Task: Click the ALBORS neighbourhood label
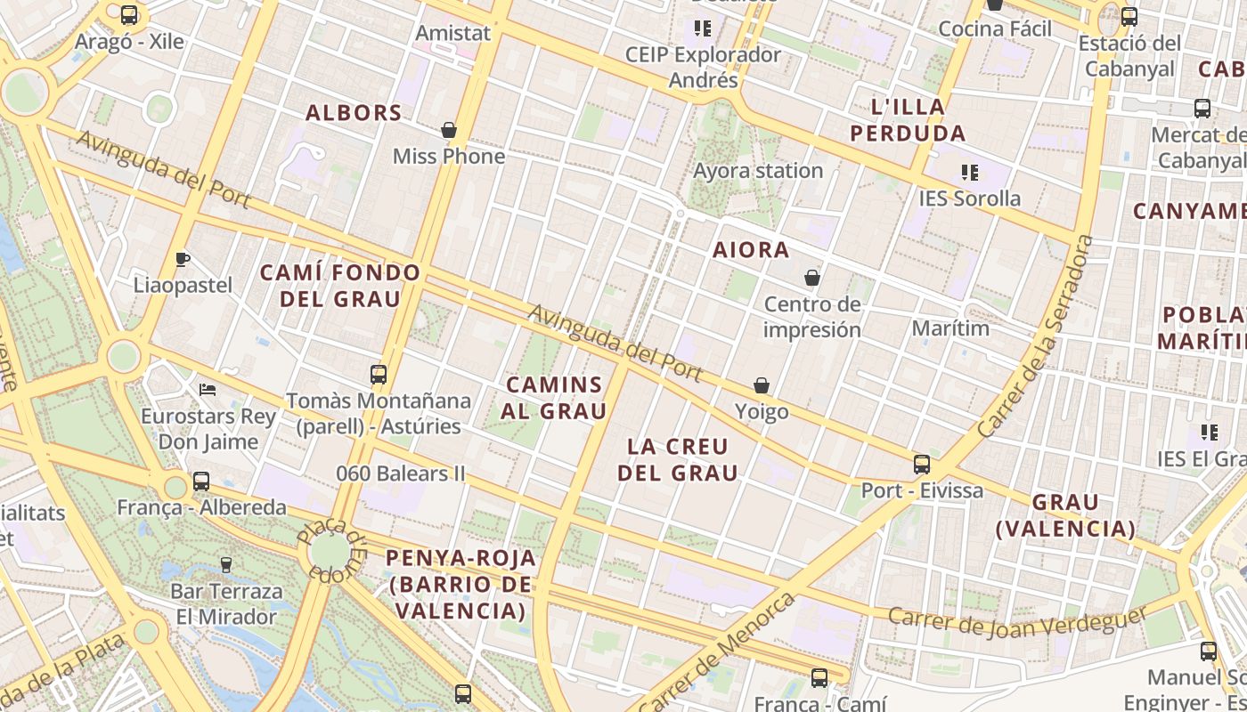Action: point(354,113)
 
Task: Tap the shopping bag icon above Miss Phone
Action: point(449,130)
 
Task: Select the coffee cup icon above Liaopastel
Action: point(183,259)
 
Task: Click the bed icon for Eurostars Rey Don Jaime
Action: point(208,390)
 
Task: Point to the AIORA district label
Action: point(751,250)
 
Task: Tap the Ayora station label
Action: point(758,170)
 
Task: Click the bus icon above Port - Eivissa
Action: point(922,464)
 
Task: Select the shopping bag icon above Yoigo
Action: point(762,385)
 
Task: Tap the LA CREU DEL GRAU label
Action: point(678,459)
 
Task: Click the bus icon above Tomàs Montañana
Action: point(379,374)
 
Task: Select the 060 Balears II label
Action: point(401,473)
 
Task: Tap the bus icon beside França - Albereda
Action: point(201,481)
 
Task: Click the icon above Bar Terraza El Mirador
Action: point(226,564)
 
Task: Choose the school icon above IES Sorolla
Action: point(970,172)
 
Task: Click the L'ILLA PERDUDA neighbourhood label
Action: point(908,120)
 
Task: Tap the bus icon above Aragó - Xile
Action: point(129,14)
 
